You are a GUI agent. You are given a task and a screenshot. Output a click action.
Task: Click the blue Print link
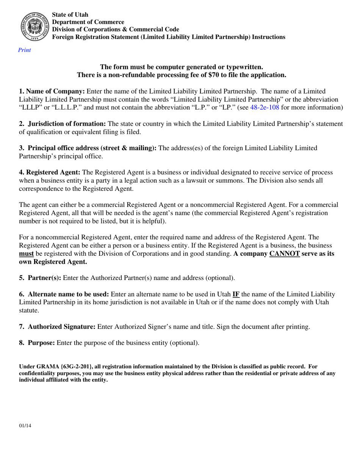(25, 50)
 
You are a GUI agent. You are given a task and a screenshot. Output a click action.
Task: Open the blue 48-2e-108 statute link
(265, 107)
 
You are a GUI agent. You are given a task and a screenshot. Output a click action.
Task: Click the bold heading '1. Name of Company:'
(52, 91)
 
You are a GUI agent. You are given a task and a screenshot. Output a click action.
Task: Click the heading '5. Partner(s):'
(40, 278)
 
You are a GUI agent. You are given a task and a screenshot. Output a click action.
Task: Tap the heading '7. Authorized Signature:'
(57, 327)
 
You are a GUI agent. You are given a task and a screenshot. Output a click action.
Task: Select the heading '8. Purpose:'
(37, 343)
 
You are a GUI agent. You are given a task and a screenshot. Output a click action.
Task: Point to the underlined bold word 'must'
(27, 254)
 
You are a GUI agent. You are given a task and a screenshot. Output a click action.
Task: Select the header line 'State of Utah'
(70, 15)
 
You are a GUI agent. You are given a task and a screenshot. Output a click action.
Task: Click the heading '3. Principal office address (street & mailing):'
(88, 148)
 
